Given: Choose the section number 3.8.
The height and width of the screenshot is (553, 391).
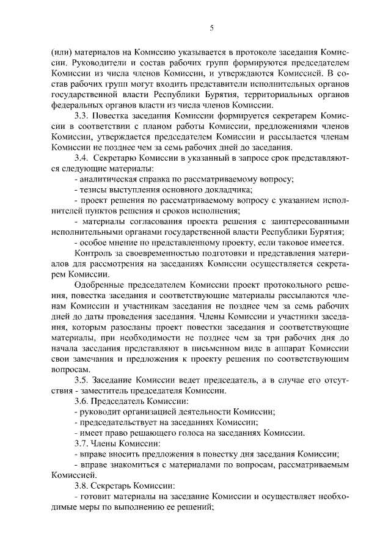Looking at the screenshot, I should click(x=81, y=485).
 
